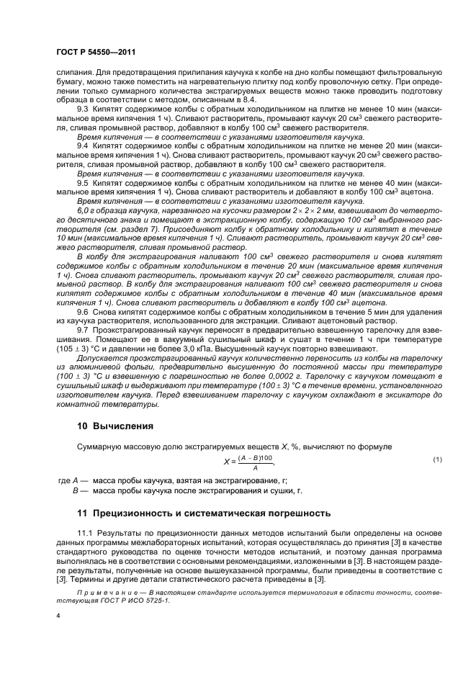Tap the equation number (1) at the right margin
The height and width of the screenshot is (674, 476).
(x=436, y=459)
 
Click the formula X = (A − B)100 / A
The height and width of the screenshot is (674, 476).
(x=248, y=461)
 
